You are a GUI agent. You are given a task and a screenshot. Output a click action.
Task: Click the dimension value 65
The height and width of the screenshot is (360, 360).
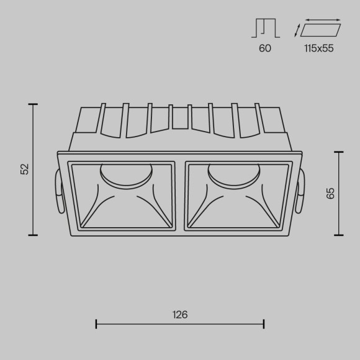(331, 192)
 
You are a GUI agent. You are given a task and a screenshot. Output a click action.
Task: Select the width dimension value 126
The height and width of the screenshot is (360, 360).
(180, 315)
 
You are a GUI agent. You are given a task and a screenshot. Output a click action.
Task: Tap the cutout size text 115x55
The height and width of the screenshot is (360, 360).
(319, 48)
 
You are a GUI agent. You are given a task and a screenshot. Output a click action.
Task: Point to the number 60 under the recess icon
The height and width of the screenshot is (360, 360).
(265, 48)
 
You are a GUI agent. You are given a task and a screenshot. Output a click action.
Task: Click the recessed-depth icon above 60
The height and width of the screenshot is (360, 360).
(265, 27)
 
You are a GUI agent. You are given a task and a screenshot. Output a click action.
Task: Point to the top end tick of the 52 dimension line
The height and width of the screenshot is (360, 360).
(33, 104)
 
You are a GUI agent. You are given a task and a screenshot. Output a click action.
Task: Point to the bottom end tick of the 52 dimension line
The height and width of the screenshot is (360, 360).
(33, 235)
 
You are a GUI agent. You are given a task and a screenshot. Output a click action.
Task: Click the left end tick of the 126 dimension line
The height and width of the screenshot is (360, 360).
(96, 323)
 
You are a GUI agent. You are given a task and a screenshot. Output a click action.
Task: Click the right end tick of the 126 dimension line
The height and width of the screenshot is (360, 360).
(264, 323)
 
